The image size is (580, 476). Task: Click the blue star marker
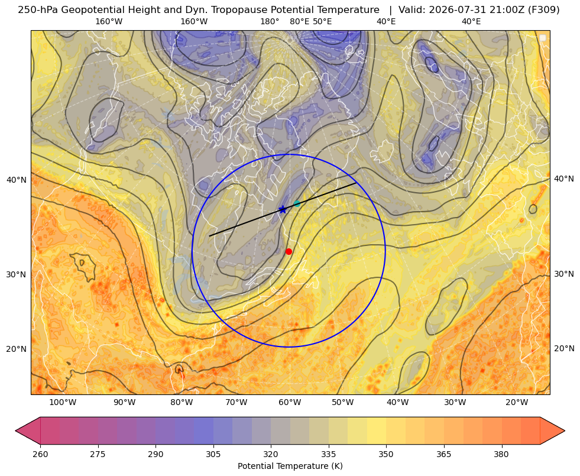pyautogui.click(x=283, y=209)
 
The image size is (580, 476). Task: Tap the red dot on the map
pyautogui.click(x=289, y=251)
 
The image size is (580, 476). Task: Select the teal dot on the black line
pyautogui.click(x=297, y=203)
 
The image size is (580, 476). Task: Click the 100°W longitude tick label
pyautogui.click(x=63, y=402)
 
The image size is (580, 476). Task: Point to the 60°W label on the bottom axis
pyautogui.click(x=290, y=402)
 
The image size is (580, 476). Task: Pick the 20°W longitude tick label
pyautogui.click(x=517, y=402)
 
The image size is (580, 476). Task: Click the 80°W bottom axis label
pyautogui.click(x=182, y=402)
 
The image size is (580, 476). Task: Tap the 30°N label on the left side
pyautogui.click(x=17, y=274)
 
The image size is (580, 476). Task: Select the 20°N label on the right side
pyautogui.click(x=564, y=348)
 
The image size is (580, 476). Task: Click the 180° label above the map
pyautogui.click(x=270, y=21)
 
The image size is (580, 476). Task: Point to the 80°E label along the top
pyautogui.click(x=300, y=21)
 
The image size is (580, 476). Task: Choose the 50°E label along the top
pyautogui.click(x=322, y=21)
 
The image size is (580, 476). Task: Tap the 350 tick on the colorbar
pyautogui.click(x=386, y=454)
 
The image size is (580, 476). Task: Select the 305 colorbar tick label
pyautogui.click(x=213, y=454)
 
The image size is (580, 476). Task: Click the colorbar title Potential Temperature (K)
pyautogui.click(x=290, y=466)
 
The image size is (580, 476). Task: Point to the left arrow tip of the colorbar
pyautogui.click(x=15, y=430)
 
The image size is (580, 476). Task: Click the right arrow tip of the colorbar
pyautogui.click(x=565, y=430)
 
